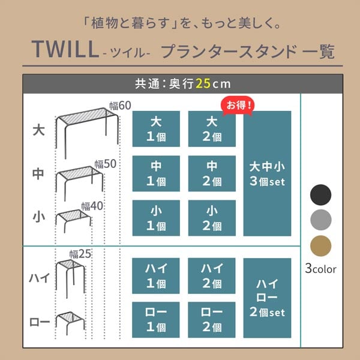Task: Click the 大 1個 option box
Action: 156,129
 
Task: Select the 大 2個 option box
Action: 212,129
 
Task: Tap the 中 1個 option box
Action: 156,173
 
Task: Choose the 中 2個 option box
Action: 212,173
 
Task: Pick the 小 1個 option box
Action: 156,218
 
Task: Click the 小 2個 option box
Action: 212,218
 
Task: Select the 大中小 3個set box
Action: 267,173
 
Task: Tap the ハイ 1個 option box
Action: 156,276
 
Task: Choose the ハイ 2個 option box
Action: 212,276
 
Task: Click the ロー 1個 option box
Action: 156,320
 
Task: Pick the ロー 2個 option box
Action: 212,320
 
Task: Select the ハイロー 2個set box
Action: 267,298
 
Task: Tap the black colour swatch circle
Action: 320,195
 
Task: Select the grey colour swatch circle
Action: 320,220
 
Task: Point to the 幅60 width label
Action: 120,106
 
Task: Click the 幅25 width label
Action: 80,254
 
